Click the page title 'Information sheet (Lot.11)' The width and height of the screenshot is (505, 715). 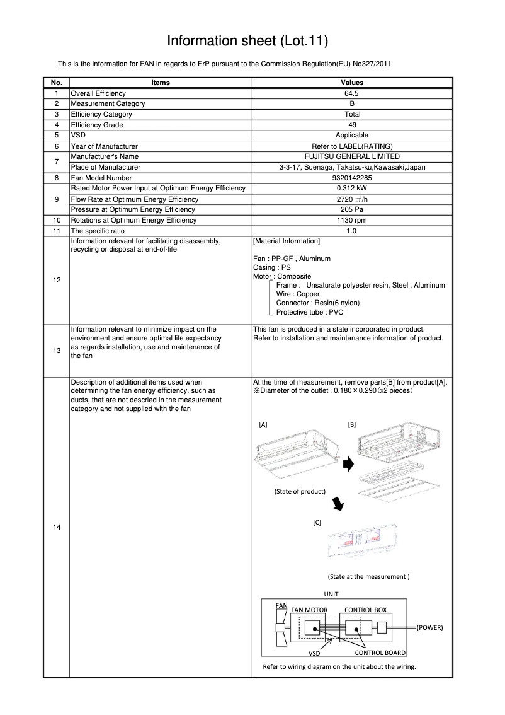247,41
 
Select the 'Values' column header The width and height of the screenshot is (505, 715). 352,83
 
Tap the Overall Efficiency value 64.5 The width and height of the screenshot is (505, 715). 352,93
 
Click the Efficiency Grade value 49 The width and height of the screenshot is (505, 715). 352,125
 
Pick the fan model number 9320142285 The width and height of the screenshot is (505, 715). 352,178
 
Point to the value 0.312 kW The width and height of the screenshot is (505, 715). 352,189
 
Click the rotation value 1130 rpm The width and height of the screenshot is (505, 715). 352,220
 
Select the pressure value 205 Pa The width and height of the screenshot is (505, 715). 352,209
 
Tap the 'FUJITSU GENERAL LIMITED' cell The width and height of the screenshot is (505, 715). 352,156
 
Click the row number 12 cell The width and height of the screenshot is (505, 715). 57,280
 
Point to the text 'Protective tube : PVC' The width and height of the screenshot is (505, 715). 310,312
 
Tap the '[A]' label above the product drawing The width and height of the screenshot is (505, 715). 263,425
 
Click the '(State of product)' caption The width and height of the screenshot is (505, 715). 300,491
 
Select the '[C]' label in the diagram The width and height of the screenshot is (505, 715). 317,523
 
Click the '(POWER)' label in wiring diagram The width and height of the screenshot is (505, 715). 430,628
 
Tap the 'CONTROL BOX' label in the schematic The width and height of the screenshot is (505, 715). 365,610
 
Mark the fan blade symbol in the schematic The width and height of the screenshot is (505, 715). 281,628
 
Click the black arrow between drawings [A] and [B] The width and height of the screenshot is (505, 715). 348,464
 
